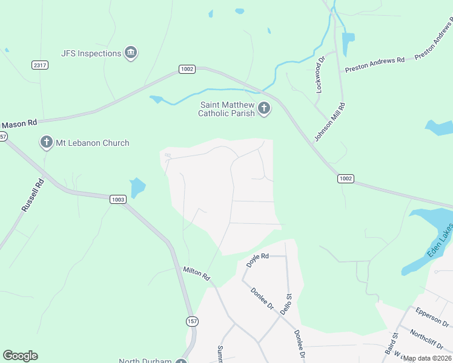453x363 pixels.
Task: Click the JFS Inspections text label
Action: pyautogui.click(x=91, y=53)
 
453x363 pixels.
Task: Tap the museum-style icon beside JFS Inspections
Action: pyautogui.click(x=130, y=53)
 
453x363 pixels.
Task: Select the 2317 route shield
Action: pyautogui.click(x=40, y=65)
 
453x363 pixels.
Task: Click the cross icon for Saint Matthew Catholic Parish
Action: pyautogui.click(x=263, y=109)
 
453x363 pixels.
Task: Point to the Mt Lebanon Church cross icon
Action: pyautogui.click(x=46, y=143)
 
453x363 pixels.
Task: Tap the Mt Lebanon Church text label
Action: pyautogui.click(x=92, y=143)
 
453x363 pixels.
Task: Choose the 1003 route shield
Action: pyautogui.click(x=117, y=198)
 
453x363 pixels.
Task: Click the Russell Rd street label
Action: pyautogui.click(x=33, y=195)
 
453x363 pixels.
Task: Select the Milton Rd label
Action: pyautogui.click(x=196, y=273)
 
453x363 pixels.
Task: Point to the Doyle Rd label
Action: pyautogui.click(x=257, y=261)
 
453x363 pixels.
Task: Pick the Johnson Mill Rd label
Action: pyautogui.click(x=329, y=123)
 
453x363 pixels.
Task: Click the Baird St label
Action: pyautogui.click(x=391, y=344)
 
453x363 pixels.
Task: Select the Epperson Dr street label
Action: pyautogui.click(x=432, y=316)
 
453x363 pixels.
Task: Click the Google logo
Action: pyautogui.click(x=20, y=356)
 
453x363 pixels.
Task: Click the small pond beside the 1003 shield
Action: pyautogui.click(x=137, y=188)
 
